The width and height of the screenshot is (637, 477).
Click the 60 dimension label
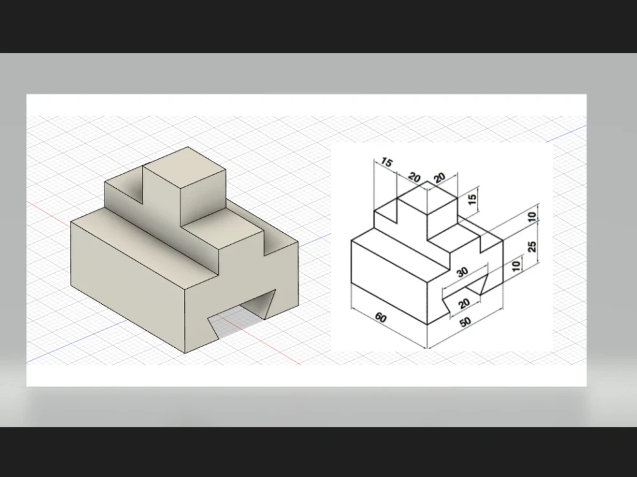381,317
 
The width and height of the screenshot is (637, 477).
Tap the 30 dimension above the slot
462,272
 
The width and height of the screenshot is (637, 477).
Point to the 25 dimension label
533,245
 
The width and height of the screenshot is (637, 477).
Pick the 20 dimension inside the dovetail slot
464,304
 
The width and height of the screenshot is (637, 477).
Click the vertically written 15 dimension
472,198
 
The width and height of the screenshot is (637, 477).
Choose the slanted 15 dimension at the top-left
387,162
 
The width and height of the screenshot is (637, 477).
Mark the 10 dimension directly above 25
533,217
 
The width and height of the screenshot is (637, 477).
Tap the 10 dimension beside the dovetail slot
516,263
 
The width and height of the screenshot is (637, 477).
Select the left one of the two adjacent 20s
414,177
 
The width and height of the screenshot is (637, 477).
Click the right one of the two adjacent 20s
440,178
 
